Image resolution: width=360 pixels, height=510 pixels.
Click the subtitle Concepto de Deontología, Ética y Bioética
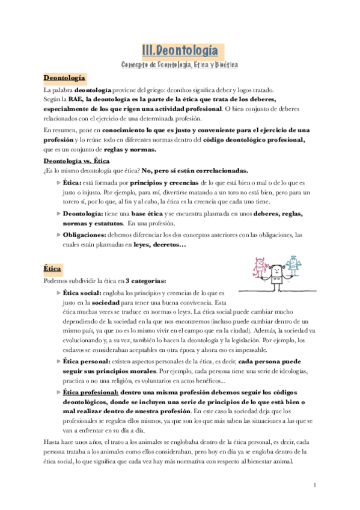pos(180,64)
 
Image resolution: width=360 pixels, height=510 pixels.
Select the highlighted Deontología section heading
pos(65,78)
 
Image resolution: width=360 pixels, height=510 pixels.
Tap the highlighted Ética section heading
pos(53,268)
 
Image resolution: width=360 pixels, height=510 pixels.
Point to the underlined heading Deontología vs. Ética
pos(76,161)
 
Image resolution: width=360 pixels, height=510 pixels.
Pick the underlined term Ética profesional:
pos(91,391)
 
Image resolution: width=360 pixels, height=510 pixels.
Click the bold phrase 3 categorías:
pos(147,281)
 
